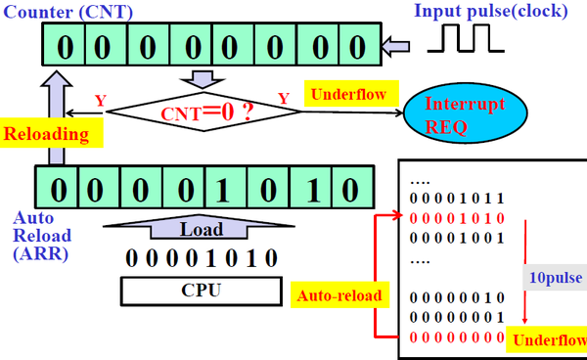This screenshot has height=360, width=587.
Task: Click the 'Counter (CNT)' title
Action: point(68,12)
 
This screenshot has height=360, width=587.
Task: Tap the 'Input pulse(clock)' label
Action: point(491,11)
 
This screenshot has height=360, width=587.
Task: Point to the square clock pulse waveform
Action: point(466,38)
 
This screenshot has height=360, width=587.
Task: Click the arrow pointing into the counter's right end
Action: point(395,46)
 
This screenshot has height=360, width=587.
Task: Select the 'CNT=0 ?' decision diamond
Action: point(204,112)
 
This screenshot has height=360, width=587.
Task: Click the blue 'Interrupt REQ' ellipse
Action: point(466,113)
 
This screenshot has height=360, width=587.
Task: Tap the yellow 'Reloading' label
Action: point(51,133)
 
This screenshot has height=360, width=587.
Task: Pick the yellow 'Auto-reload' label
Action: point(339,295)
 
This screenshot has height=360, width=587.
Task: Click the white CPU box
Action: point(201,291)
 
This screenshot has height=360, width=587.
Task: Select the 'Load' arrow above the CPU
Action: point(200,228)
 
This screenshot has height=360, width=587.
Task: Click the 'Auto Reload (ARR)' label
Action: point(41,236)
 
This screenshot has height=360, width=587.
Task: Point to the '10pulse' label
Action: point(556,278)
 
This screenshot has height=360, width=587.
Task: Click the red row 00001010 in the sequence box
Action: point(457,218)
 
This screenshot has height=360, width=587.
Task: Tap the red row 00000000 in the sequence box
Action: point(457,337)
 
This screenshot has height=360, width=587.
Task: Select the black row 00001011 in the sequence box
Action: point(457,199)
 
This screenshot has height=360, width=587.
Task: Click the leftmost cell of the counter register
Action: point(64,45)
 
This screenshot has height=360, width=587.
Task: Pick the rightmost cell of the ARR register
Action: point(352,187)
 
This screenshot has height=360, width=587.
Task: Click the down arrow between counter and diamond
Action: point(203,79)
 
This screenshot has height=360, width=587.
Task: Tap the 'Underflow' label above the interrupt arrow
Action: point(348,94)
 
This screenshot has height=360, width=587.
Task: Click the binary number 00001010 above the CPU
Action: point(201,258)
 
